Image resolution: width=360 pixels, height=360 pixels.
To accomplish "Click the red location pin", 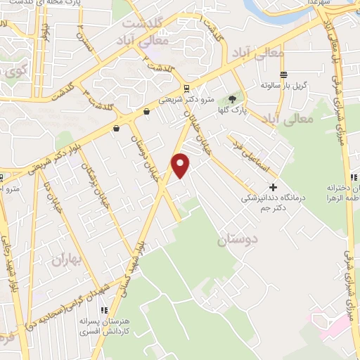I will click(x=181, y=165).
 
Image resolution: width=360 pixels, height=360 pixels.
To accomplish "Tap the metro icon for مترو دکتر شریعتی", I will click(x=186, y=89).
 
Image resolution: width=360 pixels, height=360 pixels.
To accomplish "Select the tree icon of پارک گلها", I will click(x=233, y=98).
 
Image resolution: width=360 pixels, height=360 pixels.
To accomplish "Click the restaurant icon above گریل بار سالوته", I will click(x=283, y=75).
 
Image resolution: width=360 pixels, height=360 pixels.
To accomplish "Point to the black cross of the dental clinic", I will click(x=274, y=188).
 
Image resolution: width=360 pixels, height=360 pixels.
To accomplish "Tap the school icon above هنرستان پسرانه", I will click(x=103, y=310).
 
